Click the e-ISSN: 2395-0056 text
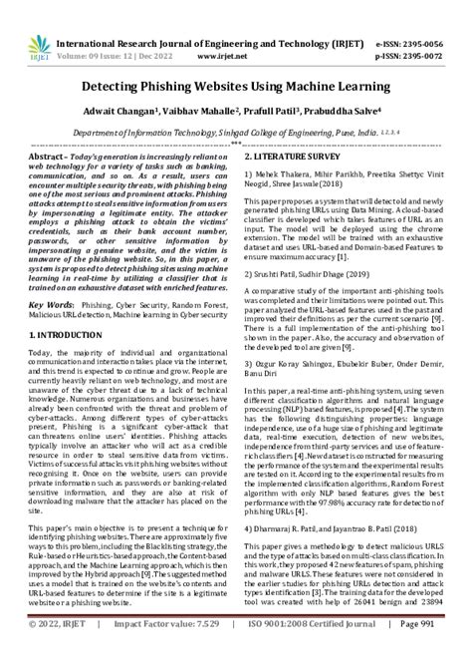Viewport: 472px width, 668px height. click(419, 17)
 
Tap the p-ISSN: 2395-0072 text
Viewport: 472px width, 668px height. click(419, 30)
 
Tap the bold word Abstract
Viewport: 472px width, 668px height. click(50, 159)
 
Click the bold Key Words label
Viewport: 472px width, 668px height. click(59, 300)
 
